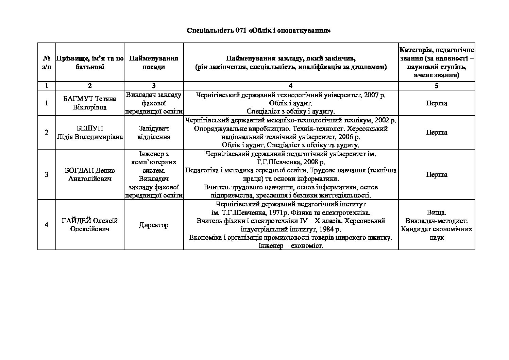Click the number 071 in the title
coord(241,31)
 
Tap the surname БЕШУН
coord(90,128)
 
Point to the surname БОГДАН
coord(79,170)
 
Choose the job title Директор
coord(154,225)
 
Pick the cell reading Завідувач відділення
coord(154,133)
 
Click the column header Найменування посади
coord(154,63)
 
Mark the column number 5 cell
coord(436,86)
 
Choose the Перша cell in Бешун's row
coord(436,132)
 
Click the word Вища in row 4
coord(436,212)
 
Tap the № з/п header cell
coord(47,63)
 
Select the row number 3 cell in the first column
coord(47,174)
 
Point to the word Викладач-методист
coord(436,221)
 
